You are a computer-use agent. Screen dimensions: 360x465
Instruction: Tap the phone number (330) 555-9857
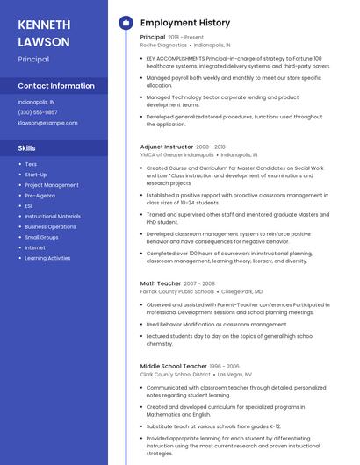pos(38,112)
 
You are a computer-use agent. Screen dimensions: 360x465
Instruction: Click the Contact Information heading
pos(56,86)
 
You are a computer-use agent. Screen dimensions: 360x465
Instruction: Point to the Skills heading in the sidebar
pos(27,148)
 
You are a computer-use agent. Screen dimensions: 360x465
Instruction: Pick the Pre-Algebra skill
pos(40,196)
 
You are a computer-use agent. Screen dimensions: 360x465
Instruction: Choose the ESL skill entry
pos(30,206)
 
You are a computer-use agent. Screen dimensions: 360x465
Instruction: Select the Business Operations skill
pos(50,226)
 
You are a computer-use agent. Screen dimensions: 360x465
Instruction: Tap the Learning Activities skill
pos(47,258)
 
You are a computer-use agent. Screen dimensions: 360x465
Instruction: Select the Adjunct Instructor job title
pos(167,147)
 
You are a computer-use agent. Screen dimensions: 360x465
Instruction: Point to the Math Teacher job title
pos(160,283)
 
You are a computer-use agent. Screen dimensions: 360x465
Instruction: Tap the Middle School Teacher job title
pos(174,365)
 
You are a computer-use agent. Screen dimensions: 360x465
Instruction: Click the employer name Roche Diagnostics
pos(163,44)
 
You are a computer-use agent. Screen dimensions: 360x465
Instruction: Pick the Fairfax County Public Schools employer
pos(176,291)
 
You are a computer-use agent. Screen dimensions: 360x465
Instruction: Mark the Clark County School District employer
pos(176,373)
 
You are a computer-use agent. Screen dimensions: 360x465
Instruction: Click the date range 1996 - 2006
pos(225,365)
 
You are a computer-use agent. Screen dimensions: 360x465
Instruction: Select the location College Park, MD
pos(241,291)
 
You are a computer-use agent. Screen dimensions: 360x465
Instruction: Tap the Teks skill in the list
pos(31,164)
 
